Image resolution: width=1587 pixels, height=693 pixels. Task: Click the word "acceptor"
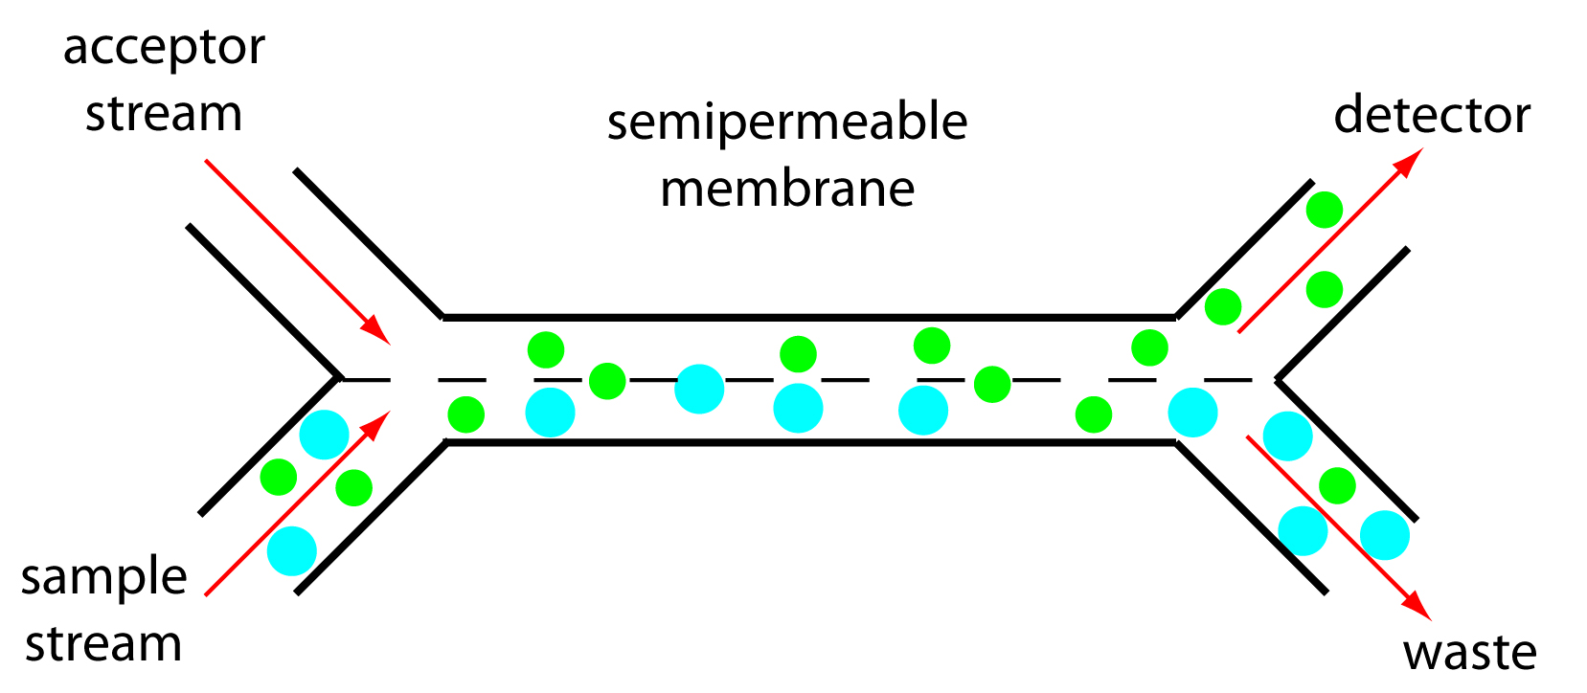(x=164, y=48)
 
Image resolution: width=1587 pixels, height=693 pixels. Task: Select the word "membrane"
(x=787, y=189)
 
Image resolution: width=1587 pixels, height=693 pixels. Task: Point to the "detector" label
(x=1432, y=115)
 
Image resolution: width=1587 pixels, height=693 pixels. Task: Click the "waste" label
(x=1469, y=653)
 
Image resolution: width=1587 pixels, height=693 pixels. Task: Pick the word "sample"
(x=103, y=578)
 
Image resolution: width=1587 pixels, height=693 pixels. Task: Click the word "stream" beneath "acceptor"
(x=164, y=114)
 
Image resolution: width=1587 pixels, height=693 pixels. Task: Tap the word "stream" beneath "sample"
(x=103, y=644)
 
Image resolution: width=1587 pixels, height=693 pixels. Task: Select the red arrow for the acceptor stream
(x=296, y=250)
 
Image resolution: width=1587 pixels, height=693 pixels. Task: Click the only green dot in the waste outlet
(x=1337, y=485)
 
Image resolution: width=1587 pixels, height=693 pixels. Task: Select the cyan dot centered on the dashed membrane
(x=699, y=389)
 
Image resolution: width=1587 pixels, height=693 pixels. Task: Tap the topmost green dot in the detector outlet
(x=1325, y=210)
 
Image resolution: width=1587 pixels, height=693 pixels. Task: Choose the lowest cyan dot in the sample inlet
(x=291, y=550)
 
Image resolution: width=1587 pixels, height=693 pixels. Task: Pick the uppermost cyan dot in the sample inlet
(x=324, y=435)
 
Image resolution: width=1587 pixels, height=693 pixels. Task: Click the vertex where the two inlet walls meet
(x=340, y=378)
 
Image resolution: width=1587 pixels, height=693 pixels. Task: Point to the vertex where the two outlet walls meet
(x=1277, y=380)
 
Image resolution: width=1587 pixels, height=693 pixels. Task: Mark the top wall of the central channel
(x=808, y=316)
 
